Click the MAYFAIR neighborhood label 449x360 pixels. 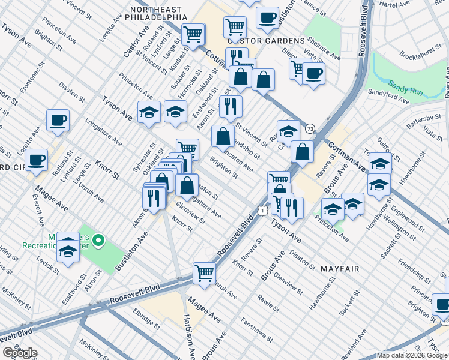[x=340, y=269]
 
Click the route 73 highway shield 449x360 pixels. [x=310, y=129]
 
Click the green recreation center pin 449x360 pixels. [x=100, y=242]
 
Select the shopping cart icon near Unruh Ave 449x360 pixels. [x=205, y=274]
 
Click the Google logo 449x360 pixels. [x=19, y=353]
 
